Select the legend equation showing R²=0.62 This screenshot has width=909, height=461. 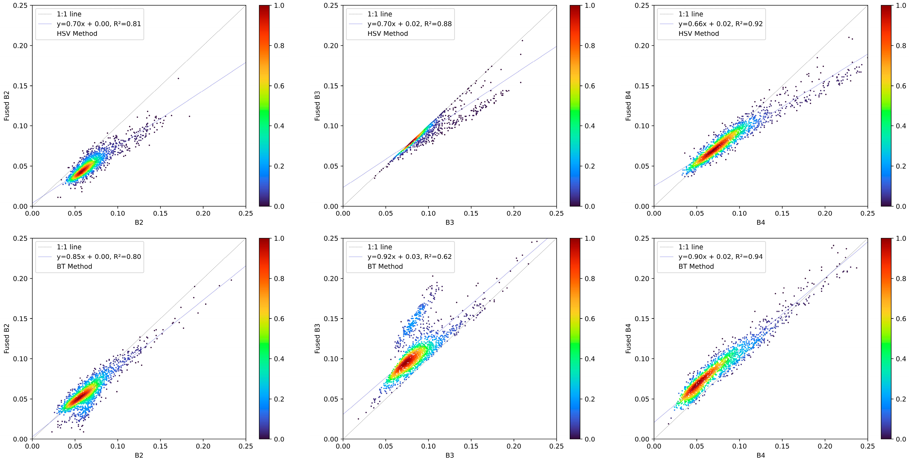(x=409, y=257)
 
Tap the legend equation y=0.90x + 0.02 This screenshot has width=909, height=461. (x=720, y=257)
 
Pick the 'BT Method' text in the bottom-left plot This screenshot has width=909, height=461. (x=74, y=266)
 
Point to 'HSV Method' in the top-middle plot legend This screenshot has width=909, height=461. (x=387, y=34)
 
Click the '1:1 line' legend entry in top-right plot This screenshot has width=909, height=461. (x=690, y=14)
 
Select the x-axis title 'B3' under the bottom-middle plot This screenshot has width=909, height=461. (x=450, y=455)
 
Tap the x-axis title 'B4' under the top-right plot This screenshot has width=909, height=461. (x=760, y=223)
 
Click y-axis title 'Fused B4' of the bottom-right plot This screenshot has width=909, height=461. (x=628, y=339)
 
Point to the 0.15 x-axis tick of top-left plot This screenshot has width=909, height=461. (x=160, y=213)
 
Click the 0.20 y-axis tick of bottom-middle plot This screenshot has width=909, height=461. (x=331, y=279)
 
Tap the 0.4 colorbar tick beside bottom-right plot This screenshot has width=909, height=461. (x=900, y=359)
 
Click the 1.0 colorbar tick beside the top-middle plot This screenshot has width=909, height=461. (x=590, y=6)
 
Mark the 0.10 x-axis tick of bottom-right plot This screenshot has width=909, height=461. (x=739, y=446)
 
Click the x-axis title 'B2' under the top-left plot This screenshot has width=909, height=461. (x=139, y=223)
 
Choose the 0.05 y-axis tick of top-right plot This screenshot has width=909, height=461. (x=642, y=166)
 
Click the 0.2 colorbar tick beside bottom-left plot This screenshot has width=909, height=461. (x=279, y=399)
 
